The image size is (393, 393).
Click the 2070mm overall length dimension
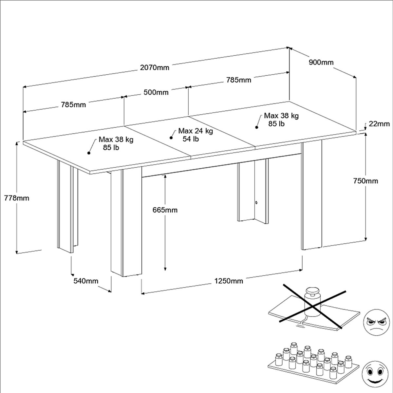coord(155,68)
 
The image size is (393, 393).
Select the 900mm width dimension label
coord(321,62)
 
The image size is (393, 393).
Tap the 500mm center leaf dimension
coord(156,92)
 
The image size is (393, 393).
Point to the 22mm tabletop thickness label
coord(379,124)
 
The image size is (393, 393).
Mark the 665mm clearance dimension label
coord(165,210)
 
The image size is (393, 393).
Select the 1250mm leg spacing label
coord(229,281)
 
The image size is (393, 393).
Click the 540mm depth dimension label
coord(86,281)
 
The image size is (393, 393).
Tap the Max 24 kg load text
coord(196,131)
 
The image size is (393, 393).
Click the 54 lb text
coord(190,139)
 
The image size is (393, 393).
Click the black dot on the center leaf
coord(171,138)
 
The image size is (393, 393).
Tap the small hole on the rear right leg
coord(256,202)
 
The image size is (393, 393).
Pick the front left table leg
coord(126,223)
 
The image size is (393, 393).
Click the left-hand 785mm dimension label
coord(73,105)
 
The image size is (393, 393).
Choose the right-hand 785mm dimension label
coord(238,80)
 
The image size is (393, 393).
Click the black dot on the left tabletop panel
coord(88,153)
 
